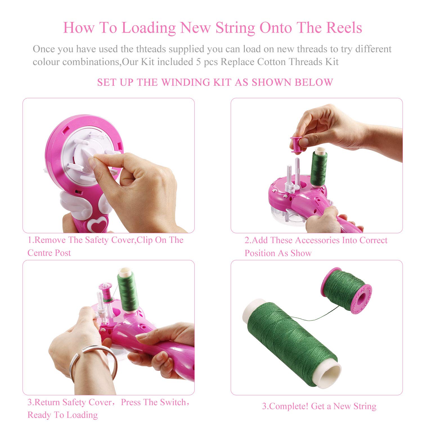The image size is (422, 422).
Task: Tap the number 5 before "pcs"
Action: [x=198, y=62]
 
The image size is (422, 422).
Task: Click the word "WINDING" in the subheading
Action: [x=186, y=82]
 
